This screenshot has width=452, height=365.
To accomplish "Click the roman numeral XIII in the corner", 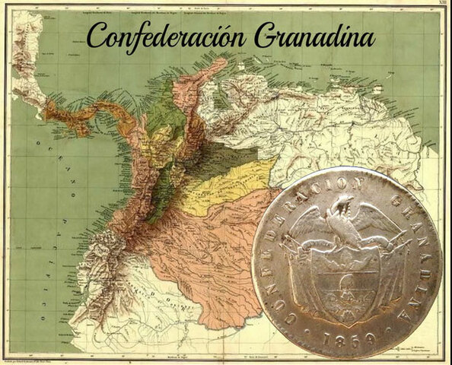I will [x=433, y=7].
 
